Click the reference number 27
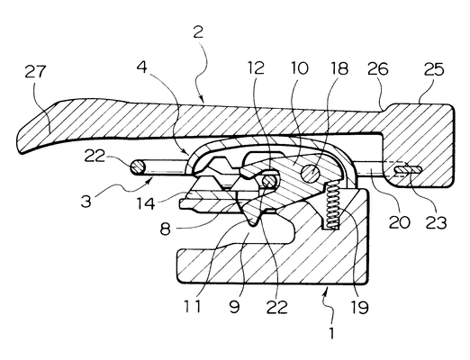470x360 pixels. pyautogui.click(x=35, y=72)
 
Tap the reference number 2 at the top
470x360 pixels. pyautogui.click(x=198, y=32)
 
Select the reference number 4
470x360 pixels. pyautogui.click(x=142, y=67)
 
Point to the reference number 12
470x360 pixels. pyautogui.click(x=256, y=67)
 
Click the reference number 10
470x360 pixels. pyautogui.click(x=299, y=68)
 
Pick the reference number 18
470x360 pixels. pyautogui.click(x=339, y=68)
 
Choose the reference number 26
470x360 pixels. pyautogui.click(x=378, y=69)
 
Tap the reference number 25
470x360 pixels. pyautogui.click(x=434, y=69)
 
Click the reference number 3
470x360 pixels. pyautogui.click(x=86, y=202)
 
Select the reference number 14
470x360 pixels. pyautogui.click(x=146, y=203)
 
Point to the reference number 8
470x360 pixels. pyautogui.click(x=166, y=229)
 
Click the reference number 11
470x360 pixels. pyautogui.click(x=193, y=307)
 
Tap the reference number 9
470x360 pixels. pyautogui.click(x=234, y=307)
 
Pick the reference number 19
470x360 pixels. pyautogui.click(x=360, y=307)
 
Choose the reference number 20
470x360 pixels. pyautogui.click(x=400, y=222)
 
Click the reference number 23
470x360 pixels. pyautogui.click(x=436, y=223)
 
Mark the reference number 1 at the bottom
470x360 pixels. pyautogui.click(x=331, y=333)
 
